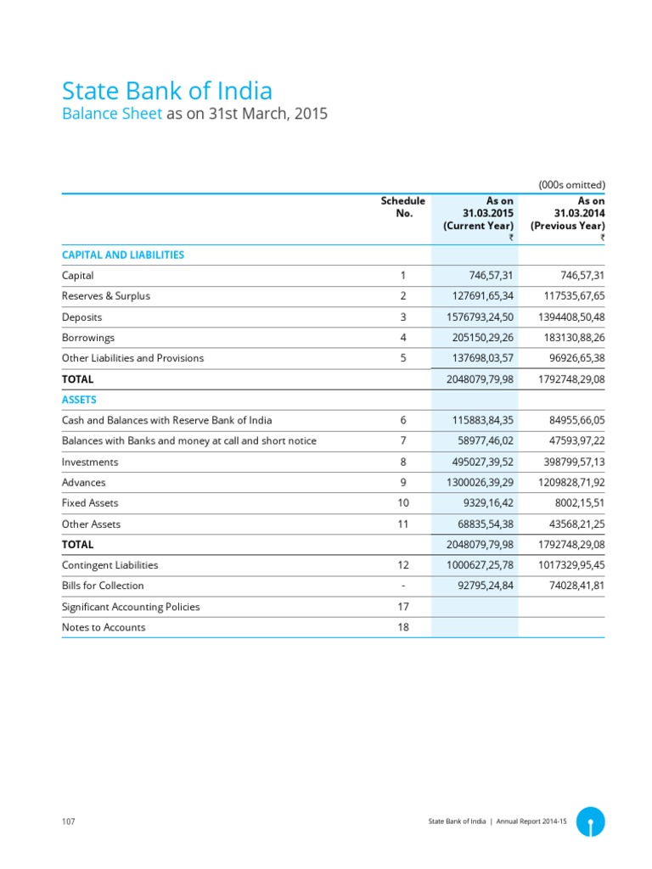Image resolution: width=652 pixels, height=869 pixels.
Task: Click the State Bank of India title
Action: pyautogui.click(x=167, y=91)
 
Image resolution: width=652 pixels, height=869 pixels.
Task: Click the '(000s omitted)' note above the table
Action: pyautogui.click(x=571, y=184)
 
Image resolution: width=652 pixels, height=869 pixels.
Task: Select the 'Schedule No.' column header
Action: pyautogui.click(x=403, y=207)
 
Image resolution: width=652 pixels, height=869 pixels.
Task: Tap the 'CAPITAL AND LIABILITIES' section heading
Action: pyautogui.click(x=123, y=255)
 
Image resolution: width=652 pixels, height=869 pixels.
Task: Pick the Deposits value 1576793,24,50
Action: pyautogui.click(x=480, y=317)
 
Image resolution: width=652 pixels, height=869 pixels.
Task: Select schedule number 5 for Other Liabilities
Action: pyautogui.click(x=403, y=358)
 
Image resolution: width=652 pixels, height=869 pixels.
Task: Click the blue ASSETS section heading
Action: pyautogui.click(x=79, y=399)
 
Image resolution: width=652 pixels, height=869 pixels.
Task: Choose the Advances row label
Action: pyautogui.click(x=84, y=482)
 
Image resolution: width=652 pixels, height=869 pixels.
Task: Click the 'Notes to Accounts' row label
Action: pyautogui.click(x=104, y=627)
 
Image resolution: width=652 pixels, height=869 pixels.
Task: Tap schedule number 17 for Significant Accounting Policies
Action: pyautogui.click(x=403, y=607)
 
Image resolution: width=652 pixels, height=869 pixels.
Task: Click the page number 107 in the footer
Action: pyautogui.click(x=69, y=822)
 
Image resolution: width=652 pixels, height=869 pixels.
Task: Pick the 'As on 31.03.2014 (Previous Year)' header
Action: pyautogui.click(x=567, y=213)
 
